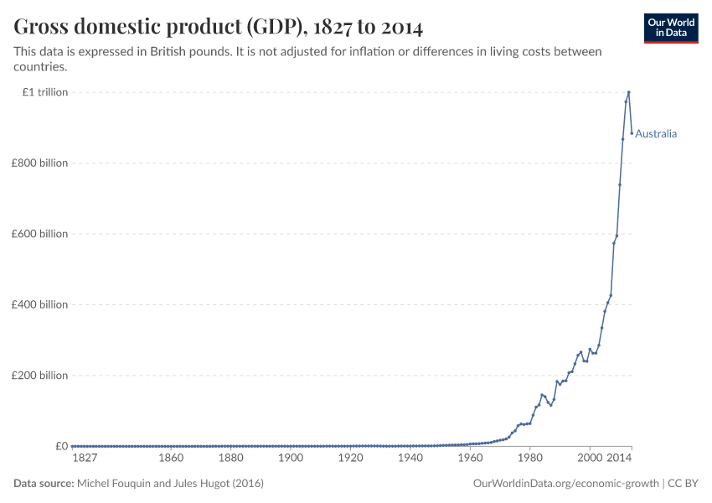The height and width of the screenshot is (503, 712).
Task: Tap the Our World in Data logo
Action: (670, 28)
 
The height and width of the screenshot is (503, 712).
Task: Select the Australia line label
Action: (656, 134)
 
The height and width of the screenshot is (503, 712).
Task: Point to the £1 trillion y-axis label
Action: (45, 92)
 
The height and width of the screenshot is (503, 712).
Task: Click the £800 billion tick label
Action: (39, 163)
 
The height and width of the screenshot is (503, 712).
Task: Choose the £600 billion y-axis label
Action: (39, 234)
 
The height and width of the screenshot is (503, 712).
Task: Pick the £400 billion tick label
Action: (39, 304)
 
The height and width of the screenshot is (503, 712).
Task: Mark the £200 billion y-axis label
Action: (39, 376)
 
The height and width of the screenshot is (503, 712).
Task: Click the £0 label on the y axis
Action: (61, 446)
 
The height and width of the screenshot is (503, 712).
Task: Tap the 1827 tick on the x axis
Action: (85, 459)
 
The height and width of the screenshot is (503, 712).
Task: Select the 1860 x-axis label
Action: (171, 459)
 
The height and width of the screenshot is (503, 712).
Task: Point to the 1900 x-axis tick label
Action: (291, 459)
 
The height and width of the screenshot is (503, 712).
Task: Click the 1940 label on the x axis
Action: (410, 459)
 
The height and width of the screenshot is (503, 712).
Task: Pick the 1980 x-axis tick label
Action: (529, 459)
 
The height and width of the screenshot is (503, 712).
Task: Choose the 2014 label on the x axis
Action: (620, 459)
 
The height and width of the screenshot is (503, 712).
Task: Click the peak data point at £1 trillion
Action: (629, 92)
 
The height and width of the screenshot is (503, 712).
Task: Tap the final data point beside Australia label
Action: (632, 133)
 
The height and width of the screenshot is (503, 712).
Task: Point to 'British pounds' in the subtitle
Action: (180, 52)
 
